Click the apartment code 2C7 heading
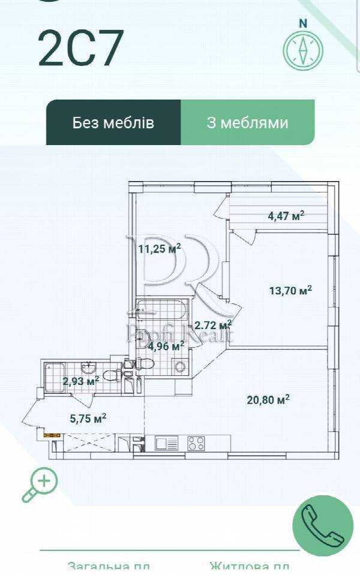coord(81,49)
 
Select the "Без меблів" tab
coord(113,123)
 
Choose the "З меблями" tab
coord(247,123)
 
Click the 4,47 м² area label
coord(286,216)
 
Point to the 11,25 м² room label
coord(160,249)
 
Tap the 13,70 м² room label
coord(290,291)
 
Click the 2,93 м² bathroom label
coord(81,380)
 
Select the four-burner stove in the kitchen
coord(196,444)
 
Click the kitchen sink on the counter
coord(167,444)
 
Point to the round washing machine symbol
coord(179,367)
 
